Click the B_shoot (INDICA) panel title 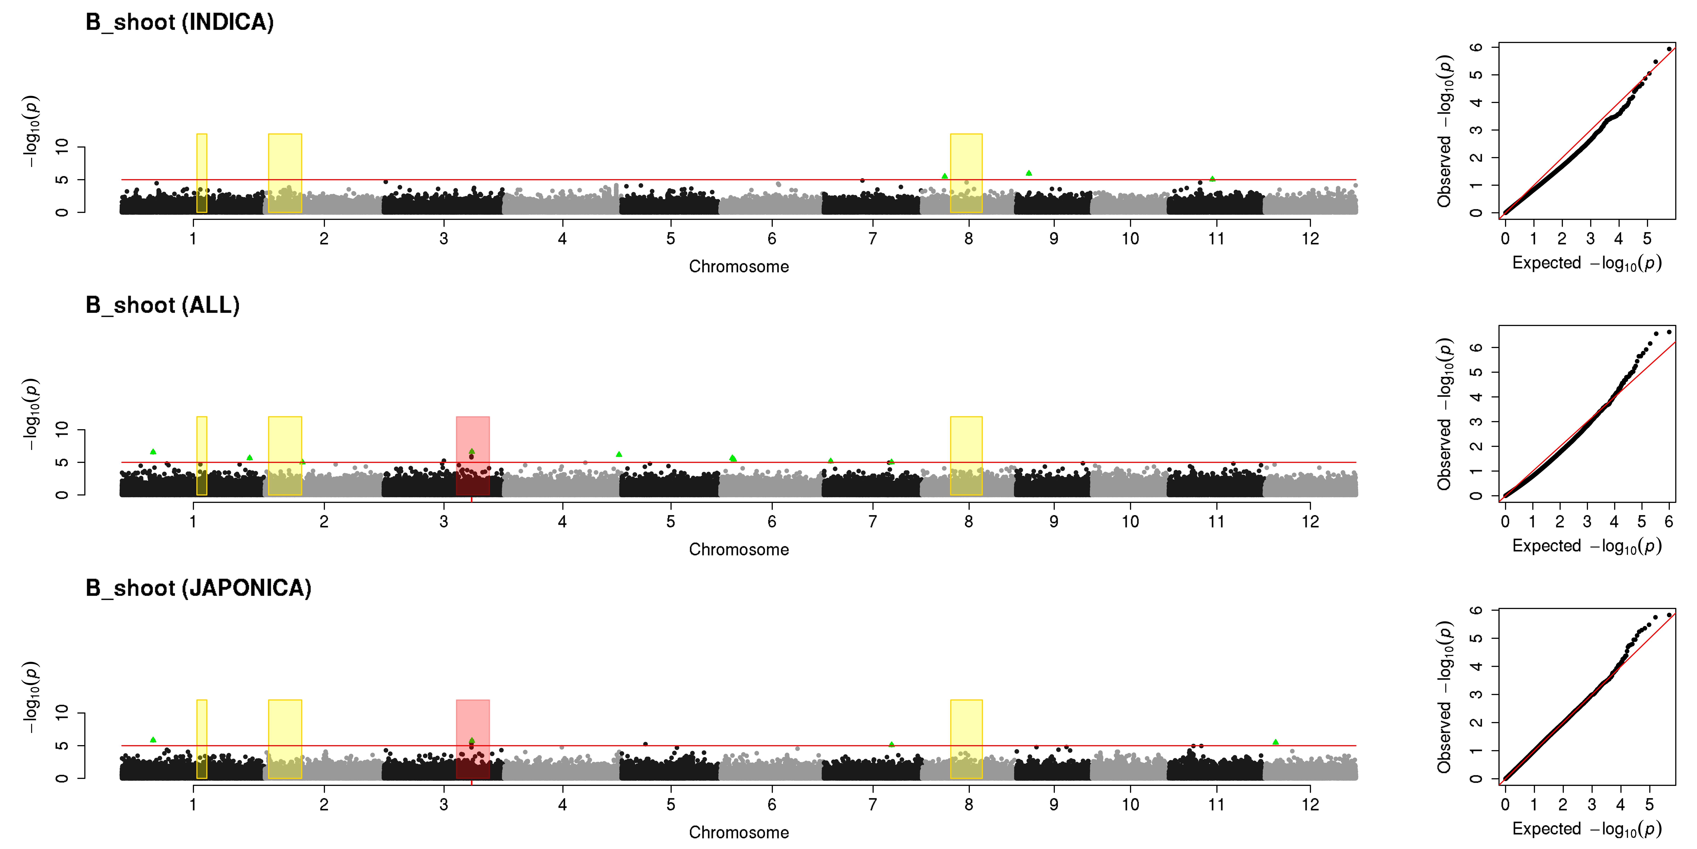(180, 22)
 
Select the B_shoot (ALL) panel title (163, 305)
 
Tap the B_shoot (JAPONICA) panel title (198, 588)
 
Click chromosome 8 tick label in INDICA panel (968, 239)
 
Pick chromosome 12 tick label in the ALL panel (1310, 521)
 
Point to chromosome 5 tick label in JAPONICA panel (671, 804)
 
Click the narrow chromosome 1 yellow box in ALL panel (202, 455)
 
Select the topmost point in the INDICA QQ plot (1669, 49)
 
